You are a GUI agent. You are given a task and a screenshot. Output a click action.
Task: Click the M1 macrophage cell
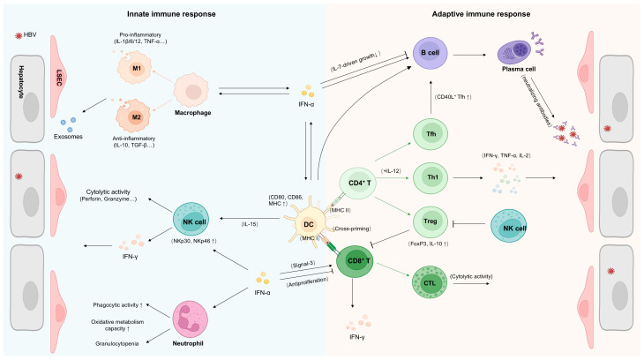point(135,68)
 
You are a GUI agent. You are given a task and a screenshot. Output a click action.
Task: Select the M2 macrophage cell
point(135,117)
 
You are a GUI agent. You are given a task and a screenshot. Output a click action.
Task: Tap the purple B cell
point(430,53)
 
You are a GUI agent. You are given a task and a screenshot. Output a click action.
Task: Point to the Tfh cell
point(431,134)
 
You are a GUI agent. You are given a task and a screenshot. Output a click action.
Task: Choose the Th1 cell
point(431,177)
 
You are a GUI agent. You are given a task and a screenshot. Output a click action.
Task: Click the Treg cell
point(430,222)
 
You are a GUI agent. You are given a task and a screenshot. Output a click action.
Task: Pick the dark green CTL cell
point(430,282)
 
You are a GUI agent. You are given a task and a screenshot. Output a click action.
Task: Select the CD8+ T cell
point(355,261)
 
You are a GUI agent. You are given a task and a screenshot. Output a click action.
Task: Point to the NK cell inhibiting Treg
point(509,225)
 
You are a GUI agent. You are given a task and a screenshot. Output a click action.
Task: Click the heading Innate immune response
point(171,14)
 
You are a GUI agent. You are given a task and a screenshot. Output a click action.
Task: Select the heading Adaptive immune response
point(481,14)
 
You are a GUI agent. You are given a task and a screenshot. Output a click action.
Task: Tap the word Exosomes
point(68,137)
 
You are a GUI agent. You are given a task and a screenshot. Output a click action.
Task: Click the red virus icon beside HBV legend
point(18,36)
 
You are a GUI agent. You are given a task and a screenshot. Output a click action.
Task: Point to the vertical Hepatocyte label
point(21,82)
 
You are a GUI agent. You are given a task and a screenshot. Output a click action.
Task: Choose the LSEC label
point(58,77)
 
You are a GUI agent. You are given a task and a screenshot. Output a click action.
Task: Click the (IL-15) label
point(250,224)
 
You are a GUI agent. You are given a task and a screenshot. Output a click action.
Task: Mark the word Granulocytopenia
point(117,343)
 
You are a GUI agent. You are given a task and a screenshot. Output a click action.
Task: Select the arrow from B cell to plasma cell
point(469,55)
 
